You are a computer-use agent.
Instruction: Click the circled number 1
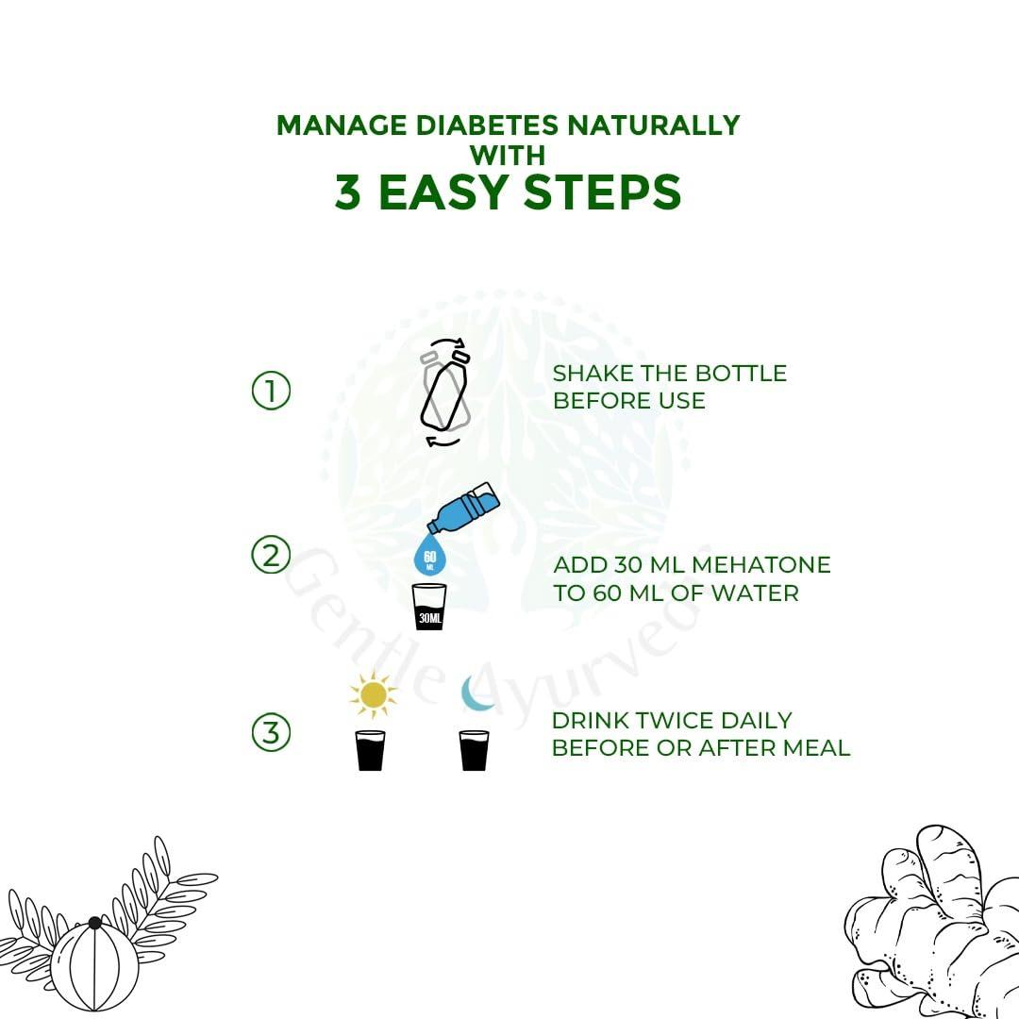[x=271, y=391]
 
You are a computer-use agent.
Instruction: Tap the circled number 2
[x=271, y=555]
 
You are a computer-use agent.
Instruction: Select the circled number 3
[x=271, y=732]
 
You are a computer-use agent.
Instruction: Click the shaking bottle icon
[x=445, y=392]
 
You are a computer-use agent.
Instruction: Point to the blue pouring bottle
[x=463, y=508]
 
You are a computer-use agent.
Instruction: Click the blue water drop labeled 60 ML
[x=429, y=555]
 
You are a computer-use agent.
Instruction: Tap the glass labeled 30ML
[x=429, y=607]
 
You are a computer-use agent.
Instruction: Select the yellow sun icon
[x=373, y=695]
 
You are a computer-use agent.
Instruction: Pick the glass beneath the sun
[x=371, y=750]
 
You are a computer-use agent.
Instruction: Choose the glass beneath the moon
[x=475, y=750]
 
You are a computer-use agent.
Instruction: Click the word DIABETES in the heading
[x=487, y=125]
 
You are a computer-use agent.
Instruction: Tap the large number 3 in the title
[x=348, y=192]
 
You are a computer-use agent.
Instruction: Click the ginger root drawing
[x=933, y=923]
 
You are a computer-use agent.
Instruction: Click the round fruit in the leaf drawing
[x=95, y=965]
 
